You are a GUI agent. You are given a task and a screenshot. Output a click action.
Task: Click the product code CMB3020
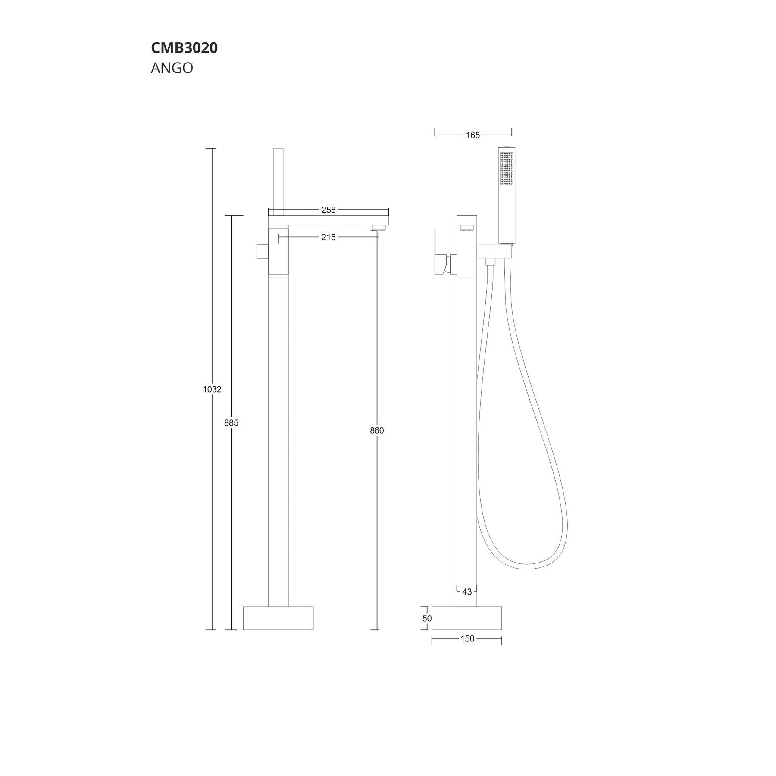pos(184,48)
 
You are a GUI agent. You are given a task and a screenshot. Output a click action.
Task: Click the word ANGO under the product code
pos(172,68)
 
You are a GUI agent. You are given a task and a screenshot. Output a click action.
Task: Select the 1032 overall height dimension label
pos(212,389)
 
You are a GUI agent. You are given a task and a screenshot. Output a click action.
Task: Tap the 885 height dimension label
pos(231,423)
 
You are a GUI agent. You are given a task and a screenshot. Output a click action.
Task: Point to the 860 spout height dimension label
pos(377,430)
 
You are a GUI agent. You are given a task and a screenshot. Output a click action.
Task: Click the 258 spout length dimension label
pos(328,210)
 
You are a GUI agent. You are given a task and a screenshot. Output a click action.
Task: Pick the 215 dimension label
pos(328,237)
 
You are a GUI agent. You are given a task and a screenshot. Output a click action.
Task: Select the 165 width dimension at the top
pos(472,135)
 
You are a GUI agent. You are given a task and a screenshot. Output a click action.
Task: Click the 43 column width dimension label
pos(467,592)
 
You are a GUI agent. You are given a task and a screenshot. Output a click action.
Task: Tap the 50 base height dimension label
pos(427,618)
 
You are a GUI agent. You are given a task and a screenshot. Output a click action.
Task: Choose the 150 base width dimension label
pos(467,639)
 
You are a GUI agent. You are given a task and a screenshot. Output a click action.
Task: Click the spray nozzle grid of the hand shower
pos(507,169)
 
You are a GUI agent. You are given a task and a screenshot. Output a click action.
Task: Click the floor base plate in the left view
pos(278,618)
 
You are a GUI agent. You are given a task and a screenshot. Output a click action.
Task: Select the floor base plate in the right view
pos(467,618)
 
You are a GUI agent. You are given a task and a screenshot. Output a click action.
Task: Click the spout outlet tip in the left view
pos(379,227)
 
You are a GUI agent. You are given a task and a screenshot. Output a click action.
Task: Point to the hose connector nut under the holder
pos(490,261)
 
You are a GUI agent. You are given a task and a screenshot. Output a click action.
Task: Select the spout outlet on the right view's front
pos(467,227)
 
